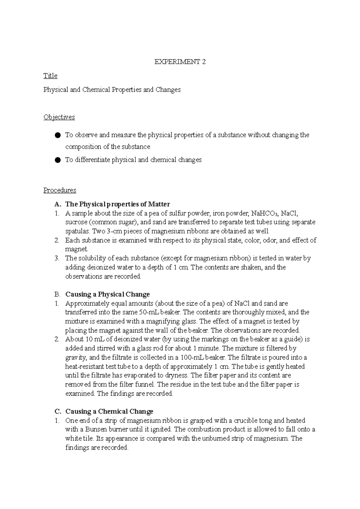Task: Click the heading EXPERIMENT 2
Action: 180,62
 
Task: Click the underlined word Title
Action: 50,76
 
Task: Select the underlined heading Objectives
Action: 59,117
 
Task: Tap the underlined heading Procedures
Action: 60,190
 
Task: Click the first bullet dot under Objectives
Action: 58,135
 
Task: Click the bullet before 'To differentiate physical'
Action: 58,160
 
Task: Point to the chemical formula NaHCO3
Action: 263,213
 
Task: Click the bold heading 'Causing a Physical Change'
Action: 107,294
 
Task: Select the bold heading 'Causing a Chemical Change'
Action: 109,411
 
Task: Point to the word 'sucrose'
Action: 76,222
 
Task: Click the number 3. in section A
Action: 57,258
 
